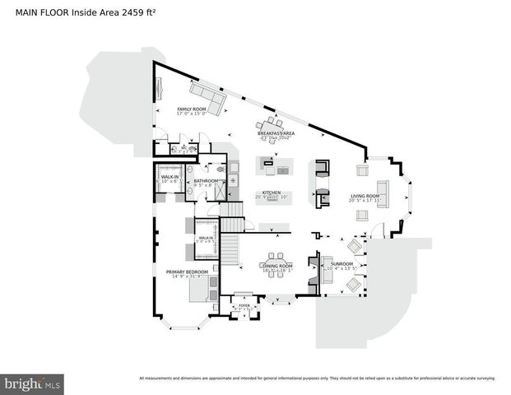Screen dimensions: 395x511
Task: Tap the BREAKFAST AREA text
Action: tap(276, 132)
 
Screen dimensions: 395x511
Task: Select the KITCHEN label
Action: tap(272, 193)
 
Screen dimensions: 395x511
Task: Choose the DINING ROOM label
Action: tap(276, 266)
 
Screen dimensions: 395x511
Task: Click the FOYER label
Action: tap(244, 305)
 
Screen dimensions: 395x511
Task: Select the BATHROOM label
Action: tap(207, 180)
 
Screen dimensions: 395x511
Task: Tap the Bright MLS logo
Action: tap(33, 383)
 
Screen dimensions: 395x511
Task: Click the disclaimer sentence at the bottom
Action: tap(317, 379)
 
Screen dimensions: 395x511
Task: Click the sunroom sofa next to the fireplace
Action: tap(325, 276)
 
